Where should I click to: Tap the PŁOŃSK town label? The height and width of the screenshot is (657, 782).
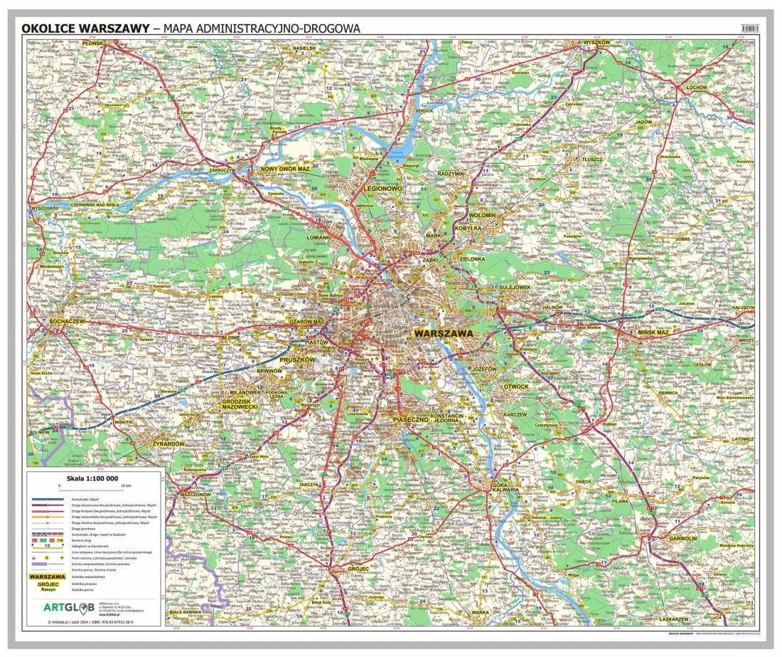[43, 43]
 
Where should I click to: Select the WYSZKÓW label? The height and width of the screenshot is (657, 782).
[596, 43]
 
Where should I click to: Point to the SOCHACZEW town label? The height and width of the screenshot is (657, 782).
[48, 322]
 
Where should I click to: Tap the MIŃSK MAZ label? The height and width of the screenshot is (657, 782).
[652, 332]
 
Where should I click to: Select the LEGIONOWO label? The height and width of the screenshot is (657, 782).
[382, 188]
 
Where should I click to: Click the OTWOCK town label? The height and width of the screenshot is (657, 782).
[515, 387]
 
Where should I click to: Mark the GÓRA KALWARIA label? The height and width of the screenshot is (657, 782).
[505, 487]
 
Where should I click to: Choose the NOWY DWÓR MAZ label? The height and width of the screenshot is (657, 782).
[285, 169]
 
